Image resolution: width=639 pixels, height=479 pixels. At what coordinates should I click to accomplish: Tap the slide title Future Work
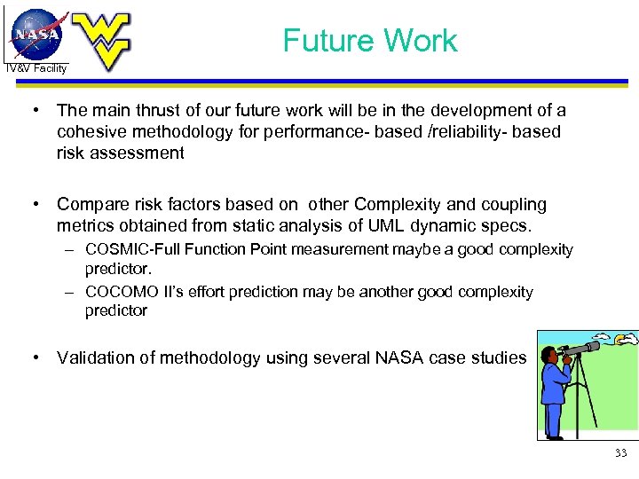pos(369,41)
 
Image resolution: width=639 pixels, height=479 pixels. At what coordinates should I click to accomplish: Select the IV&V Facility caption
pos(36,68)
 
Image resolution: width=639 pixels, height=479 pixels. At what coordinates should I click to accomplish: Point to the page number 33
pos(619,453)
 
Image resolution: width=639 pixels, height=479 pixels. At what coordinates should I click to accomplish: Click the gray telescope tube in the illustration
pos(582,349)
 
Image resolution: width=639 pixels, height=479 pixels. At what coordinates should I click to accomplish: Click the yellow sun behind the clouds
pos(628,338)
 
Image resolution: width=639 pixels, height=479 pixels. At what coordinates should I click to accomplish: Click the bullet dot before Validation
pos(36,357)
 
